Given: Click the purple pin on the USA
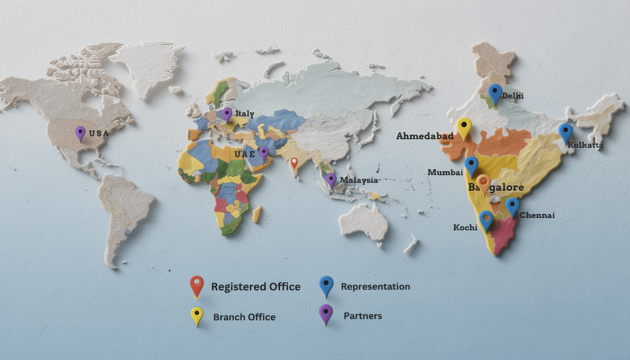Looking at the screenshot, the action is [x=80, y=133].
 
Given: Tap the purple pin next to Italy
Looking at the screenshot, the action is [x=227, y=114].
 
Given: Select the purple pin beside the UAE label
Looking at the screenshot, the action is [x=264, y=152].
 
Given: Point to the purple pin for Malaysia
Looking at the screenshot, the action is [x=331, y=180].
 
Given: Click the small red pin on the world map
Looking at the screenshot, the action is [x=294, y=163].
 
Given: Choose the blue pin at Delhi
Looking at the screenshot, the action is [x=495, y=93].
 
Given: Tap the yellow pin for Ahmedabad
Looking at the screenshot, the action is [x=464, y=127].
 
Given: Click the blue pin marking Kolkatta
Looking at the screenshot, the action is [x=565, y=132].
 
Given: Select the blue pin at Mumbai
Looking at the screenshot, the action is [x=471, y=165].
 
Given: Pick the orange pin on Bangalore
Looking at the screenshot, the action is [x=483, y=183].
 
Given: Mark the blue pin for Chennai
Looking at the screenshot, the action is [x=512, y=206].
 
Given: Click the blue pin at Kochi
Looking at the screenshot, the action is [x=486, y=220].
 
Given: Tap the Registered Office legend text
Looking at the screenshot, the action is [x=255, y=287].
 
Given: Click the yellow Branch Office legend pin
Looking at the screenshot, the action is [x=197, y=315].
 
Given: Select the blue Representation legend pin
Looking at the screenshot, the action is [x=326, y=285].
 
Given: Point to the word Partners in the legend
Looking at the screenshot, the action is [x=362, y=316].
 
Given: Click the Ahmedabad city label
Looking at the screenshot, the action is [x=425, y=136].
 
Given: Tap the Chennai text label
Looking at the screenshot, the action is [x=537, y=215].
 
